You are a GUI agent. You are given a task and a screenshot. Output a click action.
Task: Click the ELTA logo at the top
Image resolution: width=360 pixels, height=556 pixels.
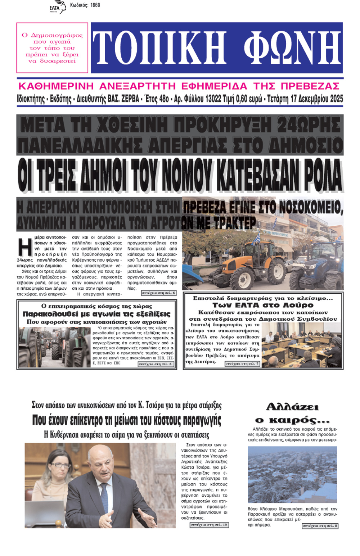point(58,7)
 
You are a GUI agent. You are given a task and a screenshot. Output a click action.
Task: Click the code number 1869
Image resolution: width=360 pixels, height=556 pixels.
point(95,5)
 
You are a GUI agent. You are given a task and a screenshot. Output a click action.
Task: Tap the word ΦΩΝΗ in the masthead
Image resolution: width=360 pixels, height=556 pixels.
point(292,48)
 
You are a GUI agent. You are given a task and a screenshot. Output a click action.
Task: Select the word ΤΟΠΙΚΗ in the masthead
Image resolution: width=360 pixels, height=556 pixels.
point(160,48)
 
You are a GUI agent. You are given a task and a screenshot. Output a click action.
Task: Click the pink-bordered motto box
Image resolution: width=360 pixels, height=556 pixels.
point(52,48)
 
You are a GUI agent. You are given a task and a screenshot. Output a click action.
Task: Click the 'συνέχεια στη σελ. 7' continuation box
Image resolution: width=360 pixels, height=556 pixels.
point(242,363)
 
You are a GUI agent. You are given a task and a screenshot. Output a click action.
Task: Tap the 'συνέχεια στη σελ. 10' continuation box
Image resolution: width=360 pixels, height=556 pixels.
point(209,525)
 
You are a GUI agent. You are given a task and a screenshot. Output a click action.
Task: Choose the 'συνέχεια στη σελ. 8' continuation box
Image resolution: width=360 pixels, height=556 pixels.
point(320,526)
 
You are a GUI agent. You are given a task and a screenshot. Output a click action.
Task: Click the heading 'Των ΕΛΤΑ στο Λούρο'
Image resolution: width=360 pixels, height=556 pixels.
point(263,305)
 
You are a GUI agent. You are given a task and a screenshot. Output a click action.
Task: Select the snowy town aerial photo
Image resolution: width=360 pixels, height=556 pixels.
point(292,474)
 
